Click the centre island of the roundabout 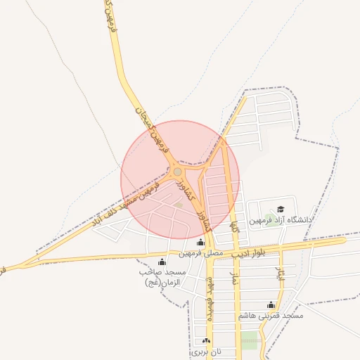[177, 172]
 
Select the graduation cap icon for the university [281, 209]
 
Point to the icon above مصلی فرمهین [201, 243]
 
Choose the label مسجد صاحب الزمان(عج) [162, 277]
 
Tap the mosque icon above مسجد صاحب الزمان [163, 262]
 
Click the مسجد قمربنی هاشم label [271, 316]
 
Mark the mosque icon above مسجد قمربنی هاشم [271, 305]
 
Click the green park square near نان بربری [250, 340]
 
